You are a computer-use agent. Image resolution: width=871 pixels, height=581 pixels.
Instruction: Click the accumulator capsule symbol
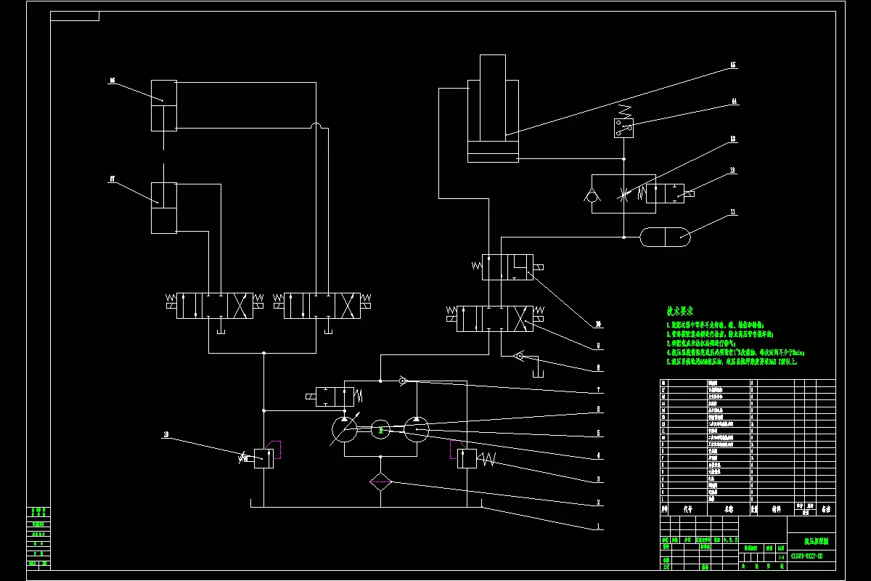pos(664,235)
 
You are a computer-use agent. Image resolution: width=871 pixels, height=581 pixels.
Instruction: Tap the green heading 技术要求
pos(681,311)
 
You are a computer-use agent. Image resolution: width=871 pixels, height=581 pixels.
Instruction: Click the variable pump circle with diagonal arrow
pos(344,431)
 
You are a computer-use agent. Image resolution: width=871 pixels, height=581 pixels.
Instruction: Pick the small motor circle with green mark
pos(380,430)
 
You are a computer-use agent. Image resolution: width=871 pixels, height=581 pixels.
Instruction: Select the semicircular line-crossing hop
pos(316,128)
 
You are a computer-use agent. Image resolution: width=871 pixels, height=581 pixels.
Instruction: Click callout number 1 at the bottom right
pos(598,525)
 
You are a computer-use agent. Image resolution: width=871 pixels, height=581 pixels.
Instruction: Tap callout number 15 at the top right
pos(733,65)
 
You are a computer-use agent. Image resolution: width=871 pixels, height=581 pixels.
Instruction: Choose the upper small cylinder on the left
pos(164,105)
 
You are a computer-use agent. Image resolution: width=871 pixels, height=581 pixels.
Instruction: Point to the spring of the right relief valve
pos(486,459)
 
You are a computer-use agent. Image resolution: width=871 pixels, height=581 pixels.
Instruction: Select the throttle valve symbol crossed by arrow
pos(623,194)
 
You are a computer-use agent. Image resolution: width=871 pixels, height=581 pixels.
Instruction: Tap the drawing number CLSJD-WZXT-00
pos(811,556)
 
